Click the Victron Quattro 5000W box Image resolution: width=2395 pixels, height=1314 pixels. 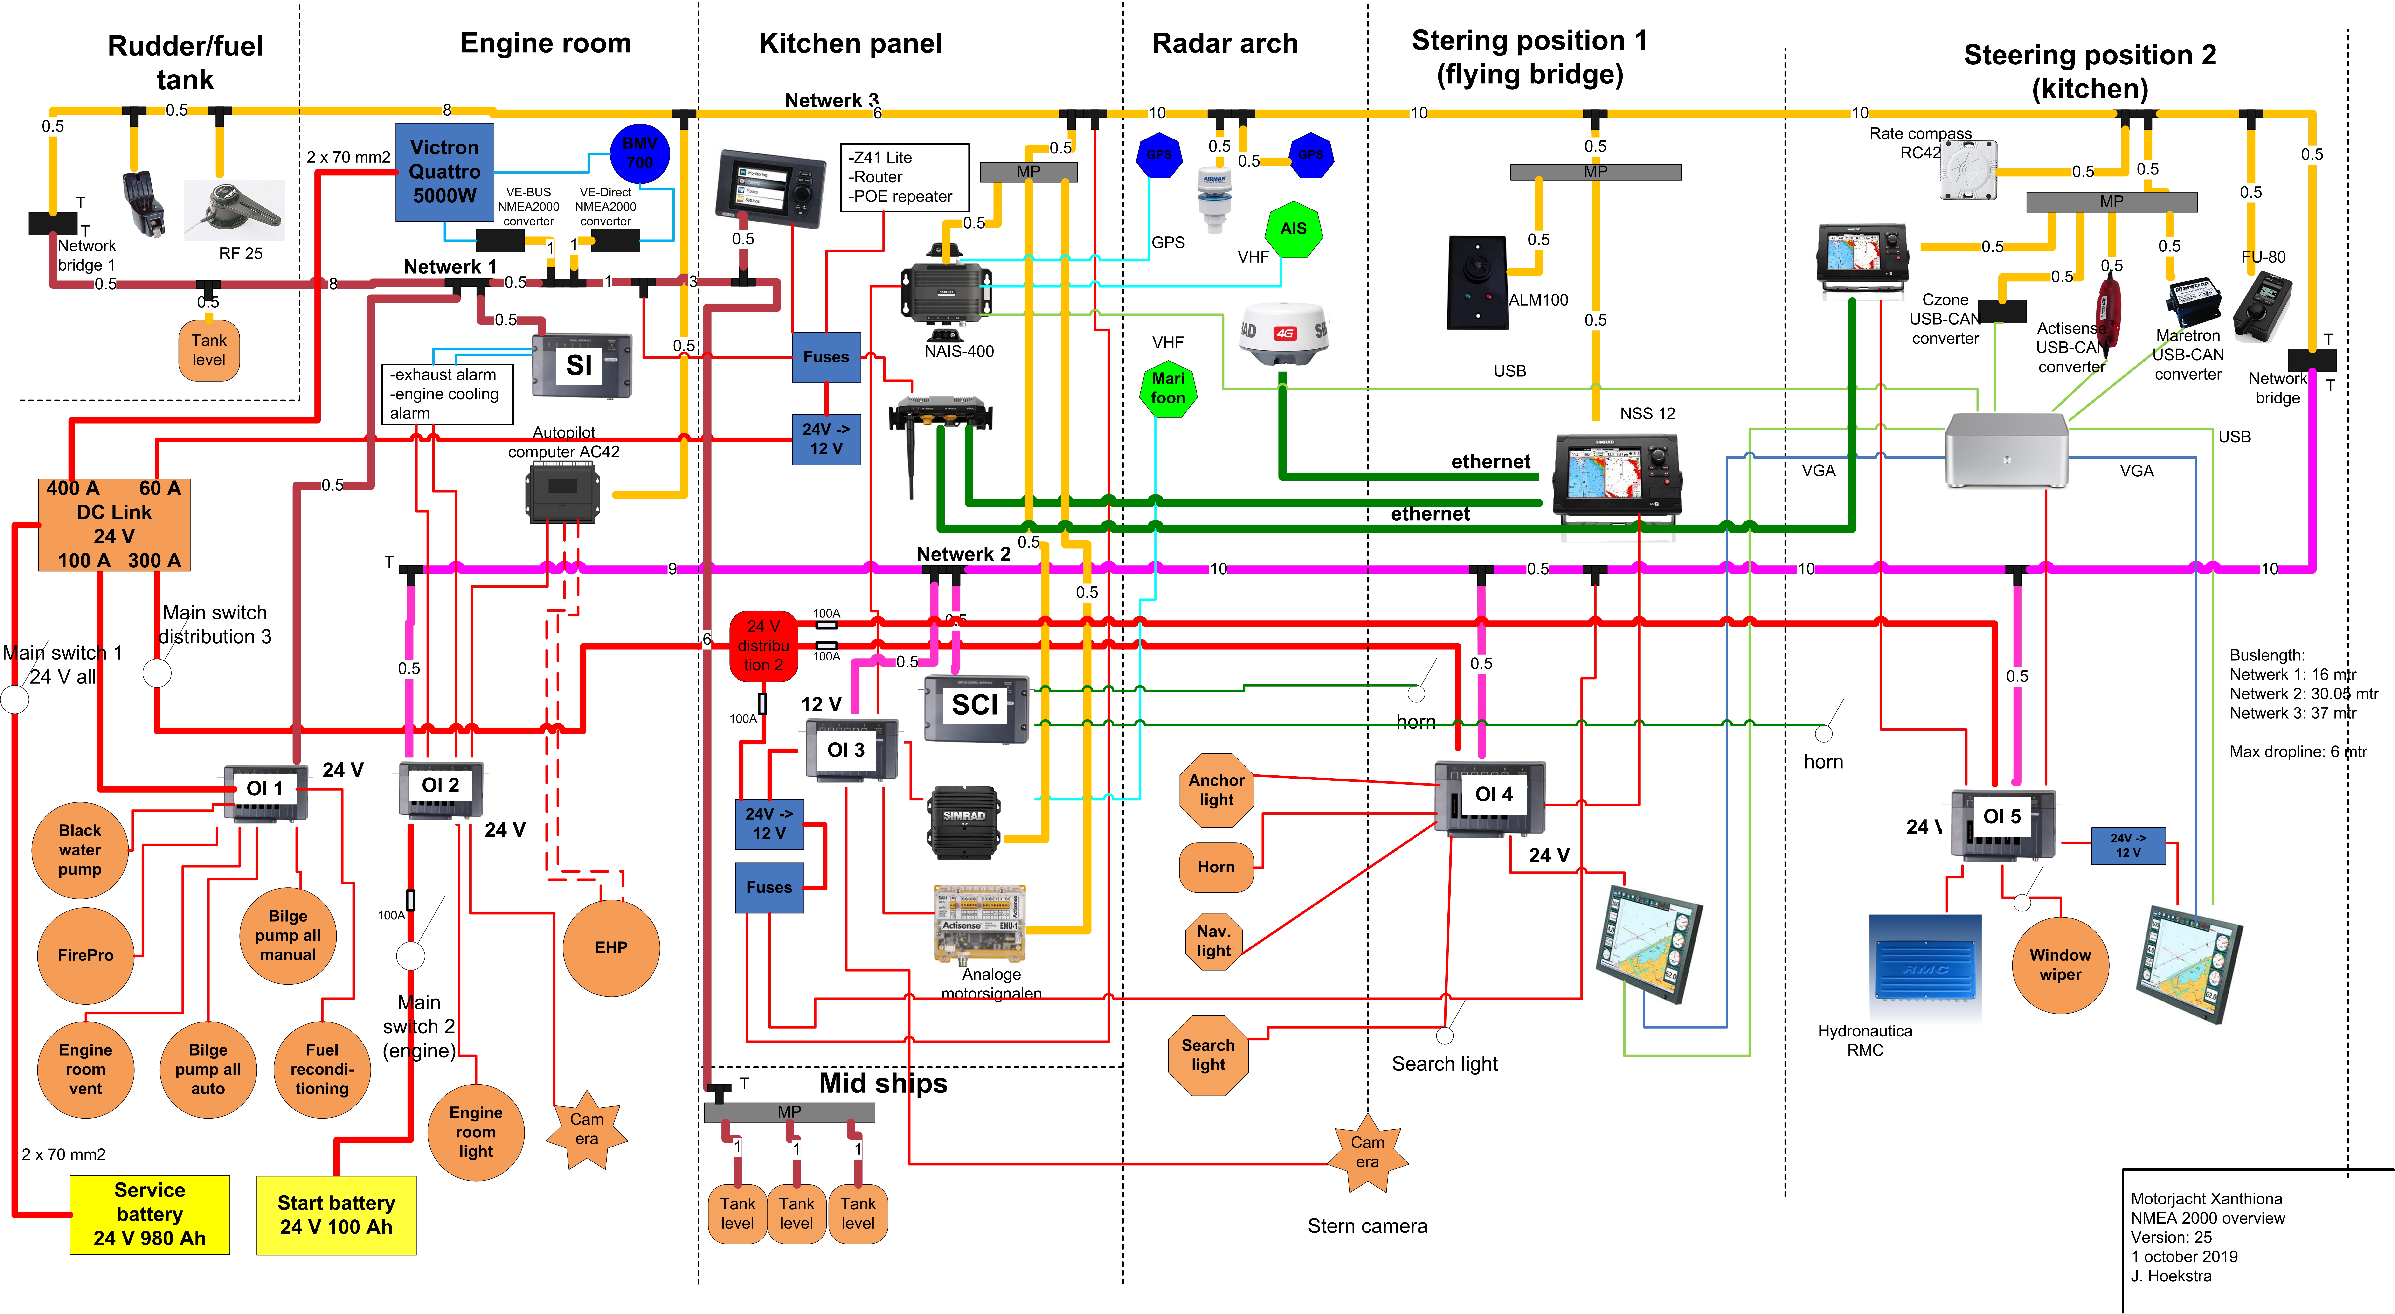coord(444,172)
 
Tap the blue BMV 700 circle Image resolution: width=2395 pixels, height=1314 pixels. coord(640,153)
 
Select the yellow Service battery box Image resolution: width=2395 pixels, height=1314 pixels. coord(150,1214)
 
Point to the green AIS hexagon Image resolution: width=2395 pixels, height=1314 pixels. coord(1293,229)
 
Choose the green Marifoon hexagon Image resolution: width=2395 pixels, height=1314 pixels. coord(1168,389)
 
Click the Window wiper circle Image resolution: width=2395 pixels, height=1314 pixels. coord(2060,965)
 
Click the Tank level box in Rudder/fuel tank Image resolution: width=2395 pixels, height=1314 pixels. coord(209,350)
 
